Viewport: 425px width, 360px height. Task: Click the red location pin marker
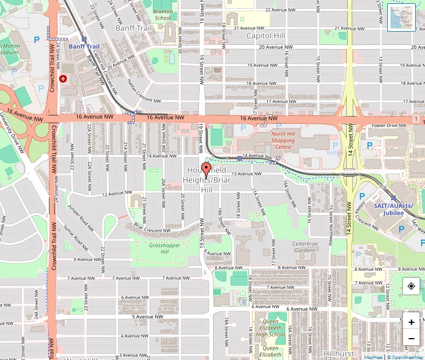pos(206,169)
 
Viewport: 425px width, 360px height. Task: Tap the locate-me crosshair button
pos(411,286)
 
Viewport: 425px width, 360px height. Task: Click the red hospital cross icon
pos(63,79)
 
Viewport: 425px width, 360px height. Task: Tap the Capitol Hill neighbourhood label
pos(266,36)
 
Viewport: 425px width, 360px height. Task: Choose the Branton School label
pos(163,14)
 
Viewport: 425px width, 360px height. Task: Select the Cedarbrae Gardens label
pos(305,246)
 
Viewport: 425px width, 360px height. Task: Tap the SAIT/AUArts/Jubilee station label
pos(393,209)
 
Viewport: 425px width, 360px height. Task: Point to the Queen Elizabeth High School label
pos(269,328)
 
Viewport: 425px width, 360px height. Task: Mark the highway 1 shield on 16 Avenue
pos(417,119)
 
